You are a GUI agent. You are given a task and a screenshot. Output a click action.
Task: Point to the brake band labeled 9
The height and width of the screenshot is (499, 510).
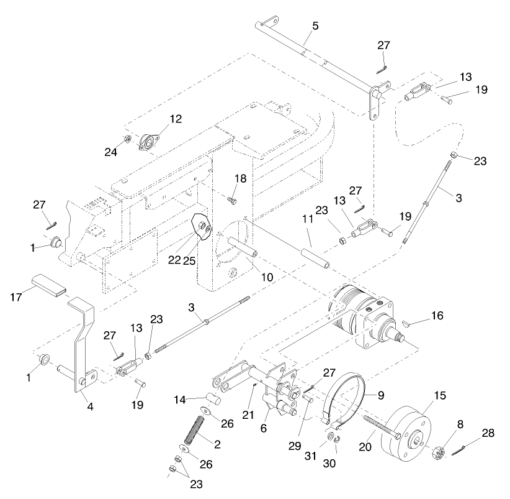(347, 398)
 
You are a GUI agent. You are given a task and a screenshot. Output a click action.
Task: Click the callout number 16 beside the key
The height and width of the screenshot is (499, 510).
(437, 316)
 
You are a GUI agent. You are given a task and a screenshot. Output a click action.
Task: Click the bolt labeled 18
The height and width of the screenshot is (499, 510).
(231, 200)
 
